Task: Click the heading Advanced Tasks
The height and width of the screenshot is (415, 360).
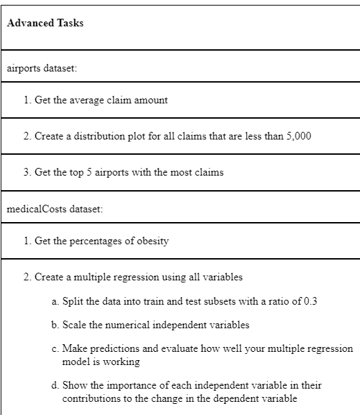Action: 44,23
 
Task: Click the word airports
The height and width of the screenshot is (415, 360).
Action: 22,69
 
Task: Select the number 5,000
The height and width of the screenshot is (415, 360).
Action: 298,135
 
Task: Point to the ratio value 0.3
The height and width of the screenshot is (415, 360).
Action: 309,303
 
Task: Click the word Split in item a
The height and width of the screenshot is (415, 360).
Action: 72,303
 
